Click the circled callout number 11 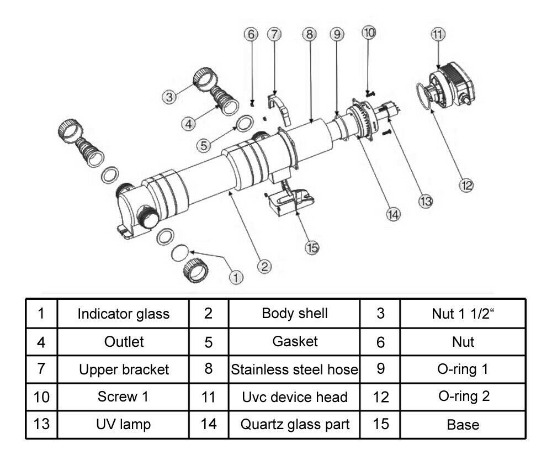[438, 34]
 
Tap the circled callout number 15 [312, 247]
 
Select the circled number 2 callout [266, 266]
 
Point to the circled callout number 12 [466, 185]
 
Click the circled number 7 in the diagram [274, 34]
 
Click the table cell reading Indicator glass [123, 314]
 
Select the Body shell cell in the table [294, 314]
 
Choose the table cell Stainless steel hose [294, 369]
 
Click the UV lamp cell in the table [123, 425]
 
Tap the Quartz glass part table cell [294, 425]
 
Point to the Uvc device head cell [294, 397]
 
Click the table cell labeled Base [463, 425]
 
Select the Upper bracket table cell [123, 369]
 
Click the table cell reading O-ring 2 [463, 397]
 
